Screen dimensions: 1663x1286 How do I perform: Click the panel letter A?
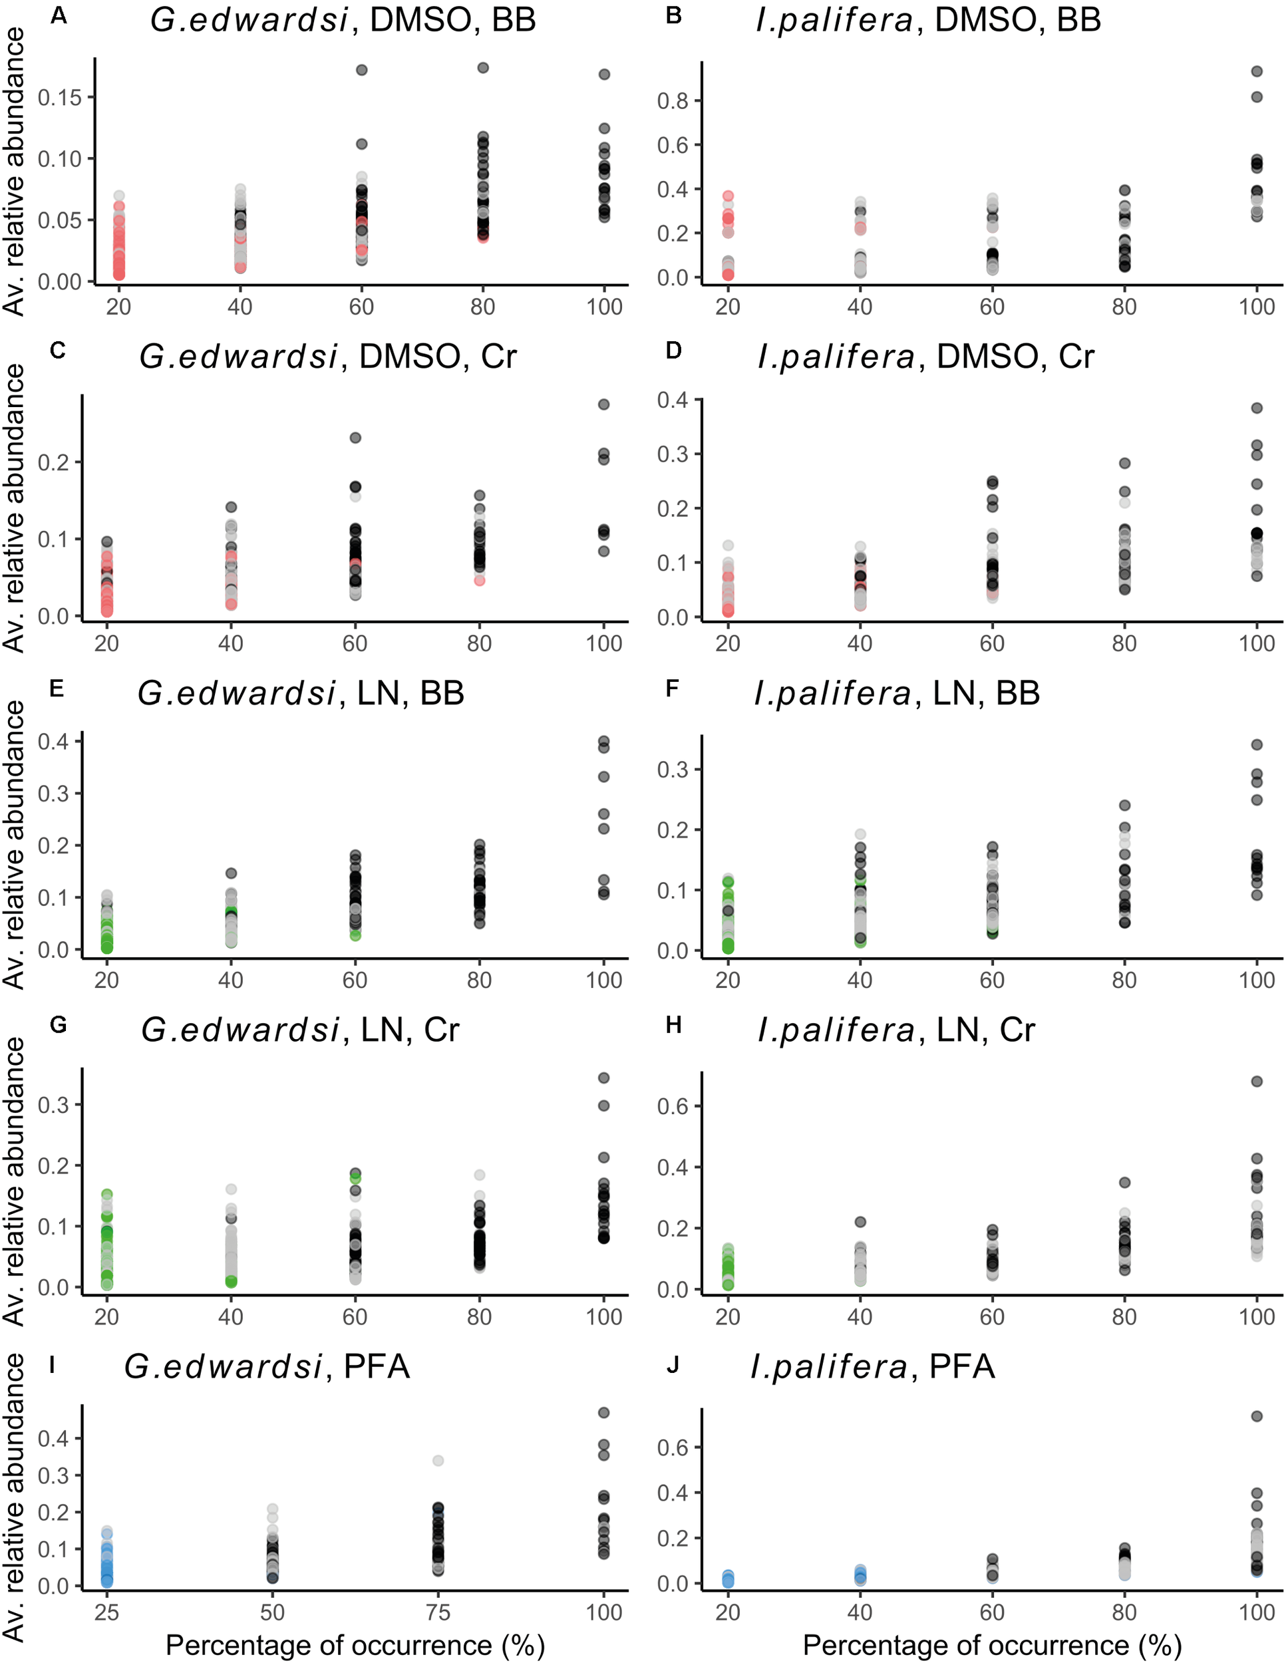pos(59,15)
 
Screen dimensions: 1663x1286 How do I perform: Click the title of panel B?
pos(928,20)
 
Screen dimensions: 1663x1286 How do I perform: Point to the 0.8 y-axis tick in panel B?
pos(673,100)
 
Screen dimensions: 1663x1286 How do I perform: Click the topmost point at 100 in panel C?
pos(604,404)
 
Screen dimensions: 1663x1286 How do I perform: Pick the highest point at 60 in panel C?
pos(355,438)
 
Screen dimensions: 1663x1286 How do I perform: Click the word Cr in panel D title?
pos(1076,357)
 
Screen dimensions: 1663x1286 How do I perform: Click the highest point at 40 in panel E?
pos(231,873)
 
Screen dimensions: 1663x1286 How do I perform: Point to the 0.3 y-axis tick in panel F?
pos(673,770)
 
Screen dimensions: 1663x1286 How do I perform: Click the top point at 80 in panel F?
pos(1124,806)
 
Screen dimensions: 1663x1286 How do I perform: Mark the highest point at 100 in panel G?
pos(604,1078)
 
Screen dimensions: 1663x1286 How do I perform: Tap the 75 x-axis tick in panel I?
pos(438,1612)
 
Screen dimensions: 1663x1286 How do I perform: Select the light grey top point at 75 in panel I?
pos(438,1461)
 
